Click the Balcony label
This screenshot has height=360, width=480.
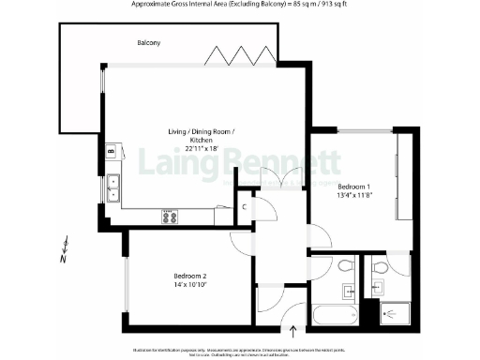coord(148,44)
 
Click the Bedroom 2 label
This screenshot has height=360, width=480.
coord(189,275)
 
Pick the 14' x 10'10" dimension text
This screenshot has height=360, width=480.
coord(189,286)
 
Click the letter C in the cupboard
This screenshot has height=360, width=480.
coord(244,205)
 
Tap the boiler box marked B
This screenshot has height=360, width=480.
coord(111,149)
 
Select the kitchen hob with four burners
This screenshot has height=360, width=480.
coord(171,217)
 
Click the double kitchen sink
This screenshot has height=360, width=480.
coord(112,189)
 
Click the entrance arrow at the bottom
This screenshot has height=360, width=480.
coord(296,330)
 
